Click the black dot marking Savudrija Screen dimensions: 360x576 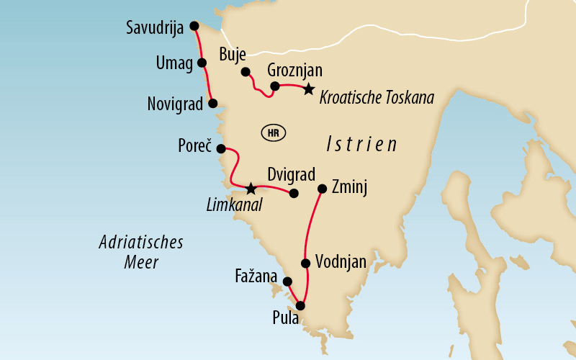(x=194, y=26)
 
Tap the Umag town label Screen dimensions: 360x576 (x=174, y=63)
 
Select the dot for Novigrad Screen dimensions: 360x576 (x=212, y=103)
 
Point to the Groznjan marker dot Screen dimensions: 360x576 (x=274, y=86)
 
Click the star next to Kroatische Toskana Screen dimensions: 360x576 (x=308, y=89)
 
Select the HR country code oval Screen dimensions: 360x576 (x=273, y=133)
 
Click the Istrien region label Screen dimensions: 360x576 (x=361, y=143)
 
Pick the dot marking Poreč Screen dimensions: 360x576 (x=221, y=149)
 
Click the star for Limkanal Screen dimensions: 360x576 (x=250, y=189)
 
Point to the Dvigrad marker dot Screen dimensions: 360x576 (x=294, y=193)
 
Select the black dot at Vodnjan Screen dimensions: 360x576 (x=305, y=263)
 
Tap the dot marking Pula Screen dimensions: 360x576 (x=300, y=306)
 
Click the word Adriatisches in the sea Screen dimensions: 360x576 (x=141, y=243)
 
